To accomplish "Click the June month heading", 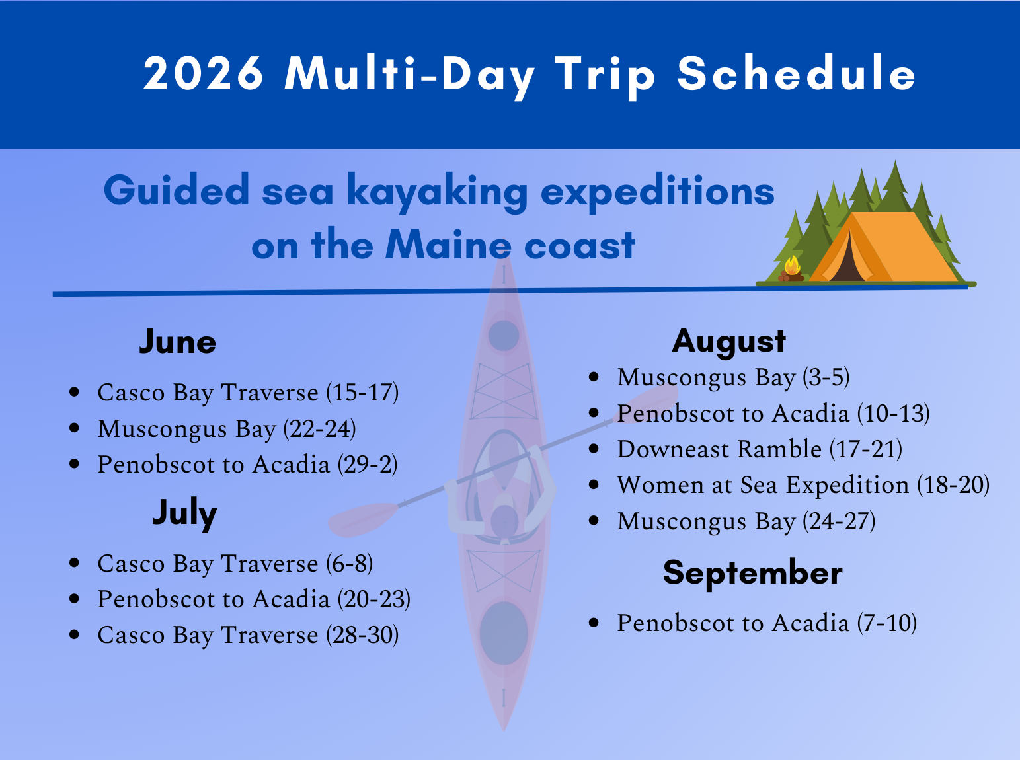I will pyautogui.click(x=177, y=342).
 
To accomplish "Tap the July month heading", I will pyautogui.click(x=184, y=513).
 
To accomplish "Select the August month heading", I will pyautogui.click(x=728, y=341).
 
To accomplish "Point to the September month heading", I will pyautogui.click(x=752, y=572).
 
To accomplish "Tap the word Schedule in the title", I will pyautogui.click(x=797, y=73).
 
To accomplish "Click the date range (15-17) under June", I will pyautogui.click(x=362, y=393).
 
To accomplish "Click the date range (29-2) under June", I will pyautogui.click(x=368, y=465).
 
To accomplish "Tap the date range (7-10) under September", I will pyautogui.click(x=886, y=623).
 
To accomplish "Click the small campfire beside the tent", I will pyautogui.click(x=791, y=269).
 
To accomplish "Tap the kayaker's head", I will pyautogui.click(x=504, y=519).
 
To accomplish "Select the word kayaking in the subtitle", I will pyautogui.click(x=437, y=192).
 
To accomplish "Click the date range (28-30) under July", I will pyautogui.click(x=362, y=635).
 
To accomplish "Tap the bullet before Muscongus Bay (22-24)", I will pyautogui.click(x=75, y=428).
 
